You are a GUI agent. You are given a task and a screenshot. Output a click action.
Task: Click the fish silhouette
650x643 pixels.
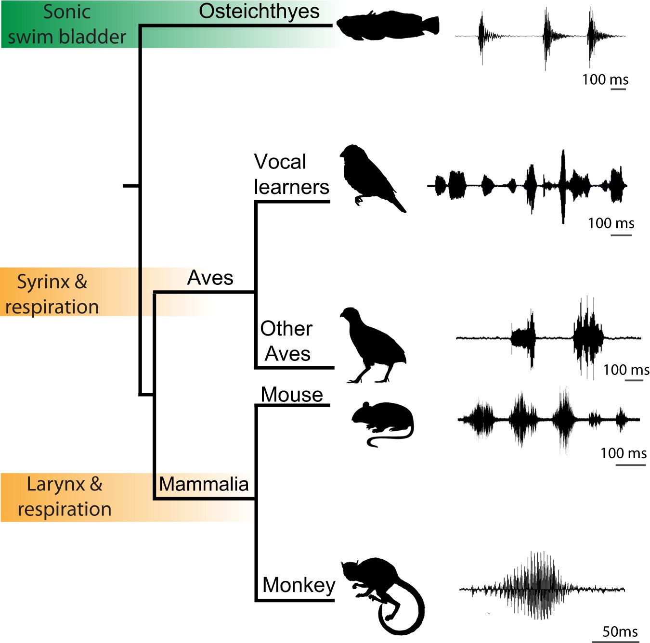point(385,25)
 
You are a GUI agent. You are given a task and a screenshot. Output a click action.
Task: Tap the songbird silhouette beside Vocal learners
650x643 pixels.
point(368,176)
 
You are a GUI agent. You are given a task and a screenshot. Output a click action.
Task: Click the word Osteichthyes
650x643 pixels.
point(259,12)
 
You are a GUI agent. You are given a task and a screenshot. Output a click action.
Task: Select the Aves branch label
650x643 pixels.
point(210,278)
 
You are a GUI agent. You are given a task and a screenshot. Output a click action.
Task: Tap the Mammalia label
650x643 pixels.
point(204,484)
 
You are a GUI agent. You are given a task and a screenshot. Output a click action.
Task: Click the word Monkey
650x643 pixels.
point(299,585)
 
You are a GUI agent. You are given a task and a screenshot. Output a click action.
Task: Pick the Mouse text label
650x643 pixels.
point(292,395)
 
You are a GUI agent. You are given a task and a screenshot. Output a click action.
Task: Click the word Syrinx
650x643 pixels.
point(44,282)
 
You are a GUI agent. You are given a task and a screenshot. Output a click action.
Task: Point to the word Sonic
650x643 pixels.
point(67,12)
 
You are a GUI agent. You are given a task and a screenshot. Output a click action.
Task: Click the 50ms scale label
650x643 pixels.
point(620,631)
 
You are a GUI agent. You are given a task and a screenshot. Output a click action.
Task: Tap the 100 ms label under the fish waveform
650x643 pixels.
point(605,79)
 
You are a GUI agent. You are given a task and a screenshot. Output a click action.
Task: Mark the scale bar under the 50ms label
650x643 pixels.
point(615,641)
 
